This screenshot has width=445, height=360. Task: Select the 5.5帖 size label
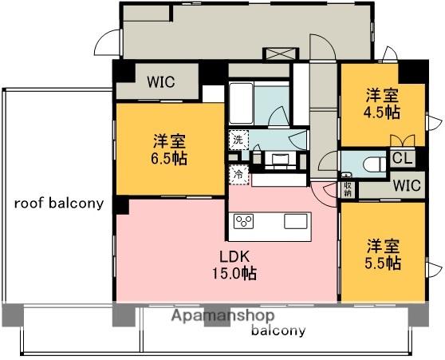pyautogui.click(x=384, y=263)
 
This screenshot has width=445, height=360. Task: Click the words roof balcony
pyautogui.click(x=59, y=203)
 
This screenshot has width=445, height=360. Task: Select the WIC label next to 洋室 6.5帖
pyautogui.click(x=161, y=81)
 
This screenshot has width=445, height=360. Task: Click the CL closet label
pyautogui.click(x=402, y=158)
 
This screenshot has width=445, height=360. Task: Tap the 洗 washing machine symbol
pyautogui.click(x=238, y=140)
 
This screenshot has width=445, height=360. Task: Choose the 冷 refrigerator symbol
pyautogui.click(x=238, y=172)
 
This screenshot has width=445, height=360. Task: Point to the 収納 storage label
pyautogui.click(x=348, y=188)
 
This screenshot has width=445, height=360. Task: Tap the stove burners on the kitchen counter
pyautogui.click(x=243, y=221)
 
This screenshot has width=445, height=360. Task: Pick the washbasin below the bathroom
pyautogui.click(x=281, y=157)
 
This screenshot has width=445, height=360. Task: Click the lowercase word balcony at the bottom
pyautogui.click(x=278, y=330)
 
